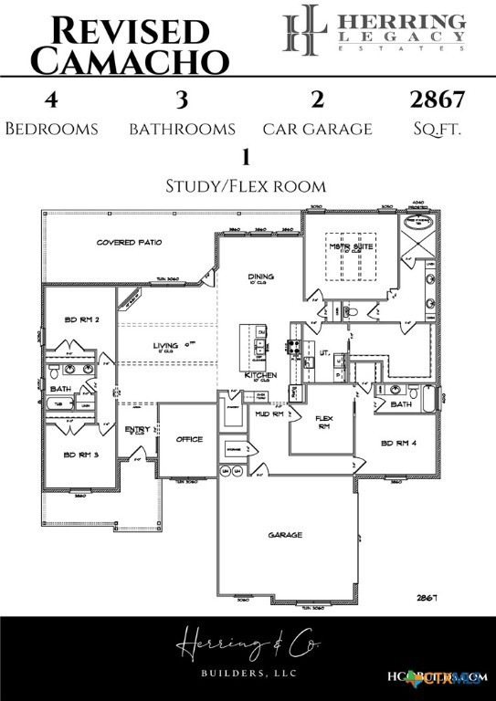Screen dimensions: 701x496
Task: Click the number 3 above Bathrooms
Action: tap(181, 99)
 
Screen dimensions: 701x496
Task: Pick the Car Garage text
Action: tap(317, 129)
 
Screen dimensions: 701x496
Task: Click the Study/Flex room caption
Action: tap(245, 185)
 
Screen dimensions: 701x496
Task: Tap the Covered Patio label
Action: tap(129, 243)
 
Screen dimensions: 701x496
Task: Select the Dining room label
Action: tap(260, 277)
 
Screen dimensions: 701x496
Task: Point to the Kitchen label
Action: tap(260, 374)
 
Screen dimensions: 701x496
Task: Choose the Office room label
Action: tap(189, 439)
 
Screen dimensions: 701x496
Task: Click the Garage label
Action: tap(285, 535)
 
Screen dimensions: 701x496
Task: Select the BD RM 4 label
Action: tap(399, 444)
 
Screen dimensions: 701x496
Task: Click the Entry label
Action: tap(136, 428)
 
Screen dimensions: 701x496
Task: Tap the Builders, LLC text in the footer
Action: tap(248, 673)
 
